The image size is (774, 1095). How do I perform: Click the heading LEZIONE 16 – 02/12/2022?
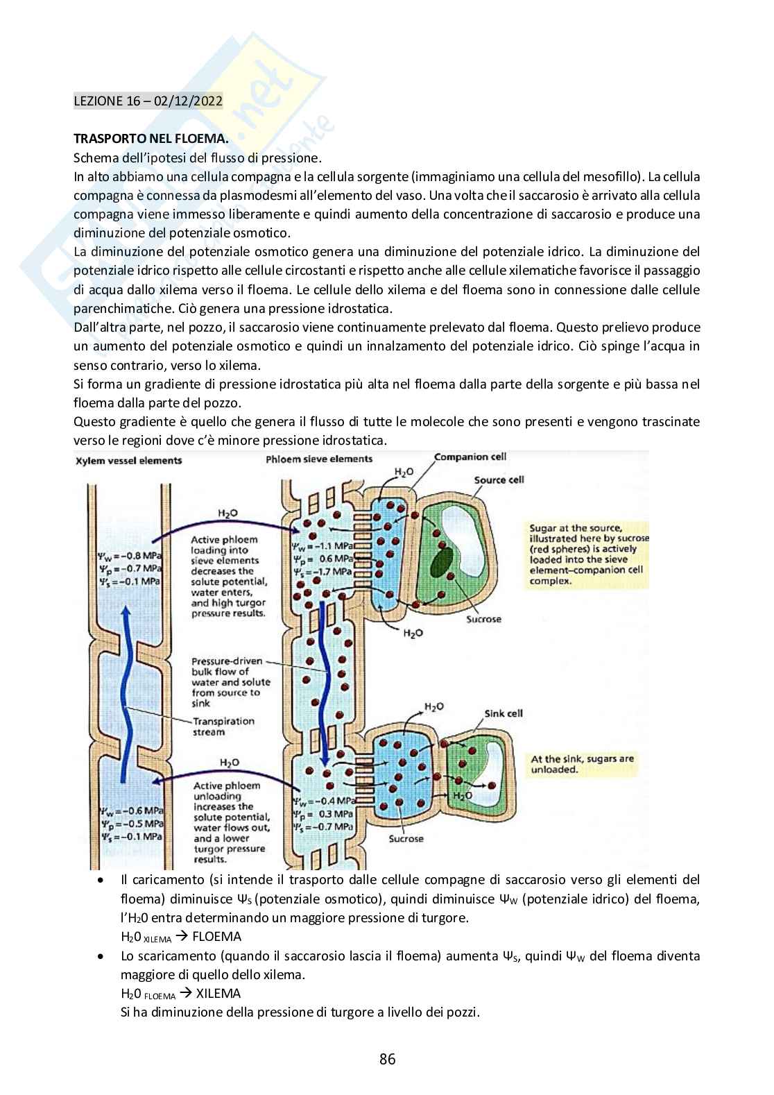click(x=148, y=101)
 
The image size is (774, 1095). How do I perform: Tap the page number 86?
click(x=387, y=1059)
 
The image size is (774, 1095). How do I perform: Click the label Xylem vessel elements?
click(x=128, y=460)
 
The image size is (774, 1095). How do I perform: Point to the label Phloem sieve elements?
click(x=319, y=459)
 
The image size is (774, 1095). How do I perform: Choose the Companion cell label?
click(x=470, y=457)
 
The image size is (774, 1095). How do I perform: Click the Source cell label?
click(x=499, y=479)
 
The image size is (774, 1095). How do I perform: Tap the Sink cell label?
click(x=504, y=713)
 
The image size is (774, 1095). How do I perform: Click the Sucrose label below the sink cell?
click(x=406, y=839)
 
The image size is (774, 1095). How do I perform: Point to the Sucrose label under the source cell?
click(x=483, y=619)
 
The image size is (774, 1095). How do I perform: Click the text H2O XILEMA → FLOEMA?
click(x=180, y=937)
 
